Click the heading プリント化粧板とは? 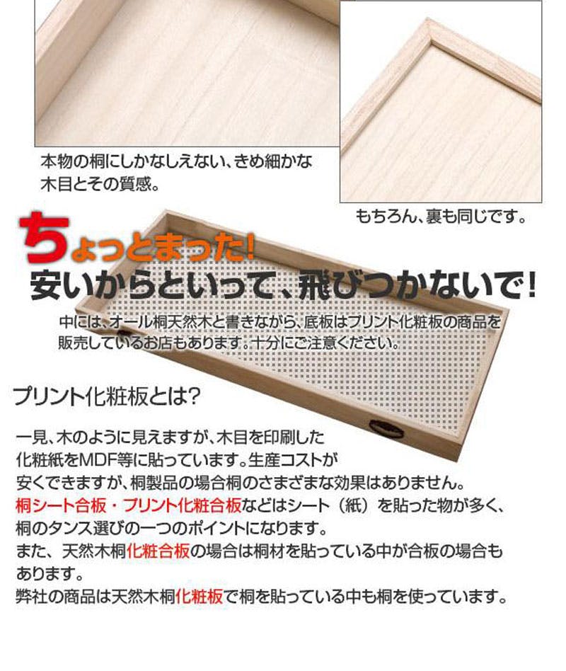107,396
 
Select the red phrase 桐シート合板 61,506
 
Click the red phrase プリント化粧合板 183,506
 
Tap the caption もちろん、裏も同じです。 441,217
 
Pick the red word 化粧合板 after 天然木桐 158,551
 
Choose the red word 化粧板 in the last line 200,596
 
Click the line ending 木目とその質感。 100,185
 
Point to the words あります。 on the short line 50,573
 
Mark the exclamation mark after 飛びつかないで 531,284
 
